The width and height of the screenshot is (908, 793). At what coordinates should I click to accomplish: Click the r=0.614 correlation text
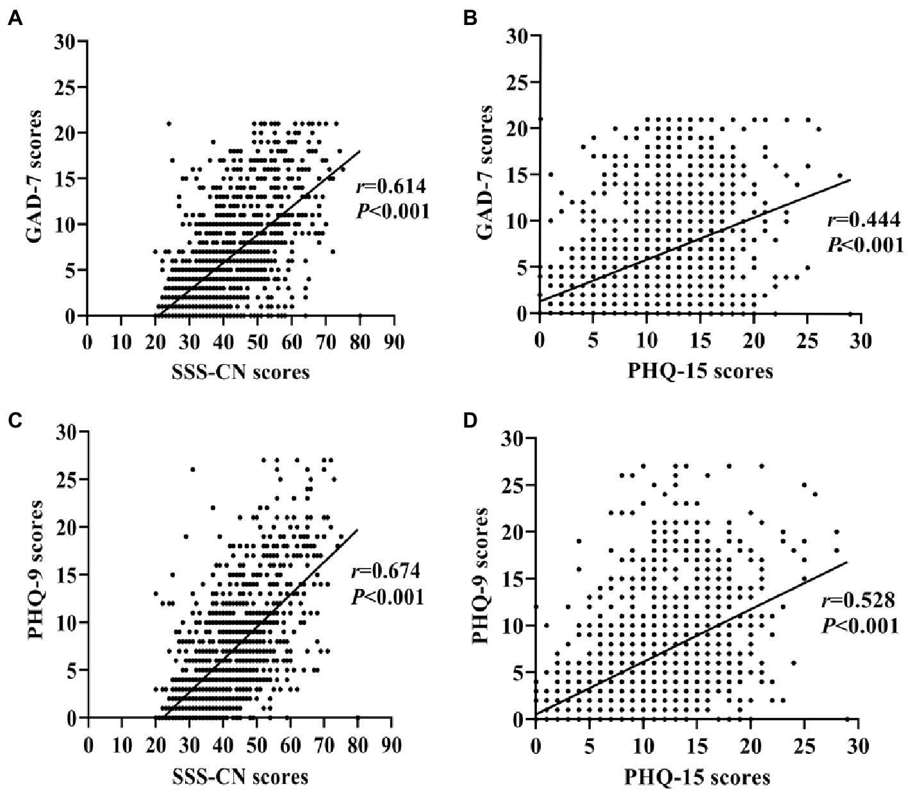(x=390, y=187)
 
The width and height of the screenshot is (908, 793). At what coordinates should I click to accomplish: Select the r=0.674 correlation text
(x=386, y=572)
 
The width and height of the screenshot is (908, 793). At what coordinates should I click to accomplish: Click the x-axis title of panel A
(x=241, y=372)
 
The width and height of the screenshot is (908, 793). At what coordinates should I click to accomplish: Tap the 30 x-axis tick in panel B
(x=861, y=340)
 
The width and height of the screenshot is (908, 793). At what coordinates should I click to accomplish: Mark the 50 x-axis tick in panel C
(x=257, y=744)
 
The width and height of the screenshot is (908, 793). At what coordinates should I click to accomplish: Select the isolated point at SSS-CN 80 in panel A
(x=360, y=315)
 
